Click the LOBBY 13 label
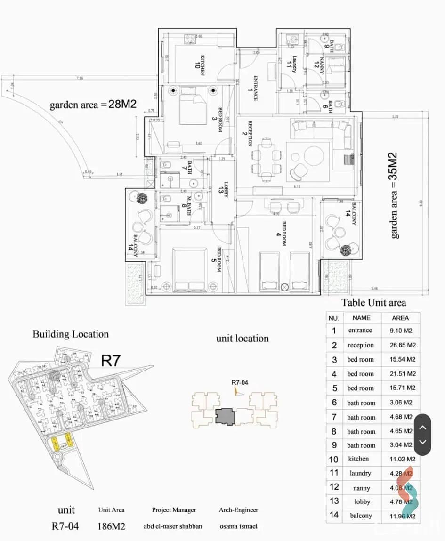point(224,189)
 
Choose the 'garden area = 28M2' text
point(93,104)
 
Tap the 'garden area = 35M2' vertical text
point(393,195)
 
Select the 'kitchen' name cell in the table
point(359,459)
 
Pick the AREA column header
point(400,318)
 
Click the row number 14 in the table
point(334,515)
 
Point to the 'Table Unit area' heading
point(373,303)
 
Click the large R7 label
point(111,361)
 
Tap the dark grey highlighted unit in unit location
point(225,417)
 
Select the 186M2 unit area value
point(111,526)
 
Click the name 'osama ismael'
point(238,526)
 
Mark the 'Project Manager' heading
point(174,510)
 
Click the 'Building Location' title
point(71,334)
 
